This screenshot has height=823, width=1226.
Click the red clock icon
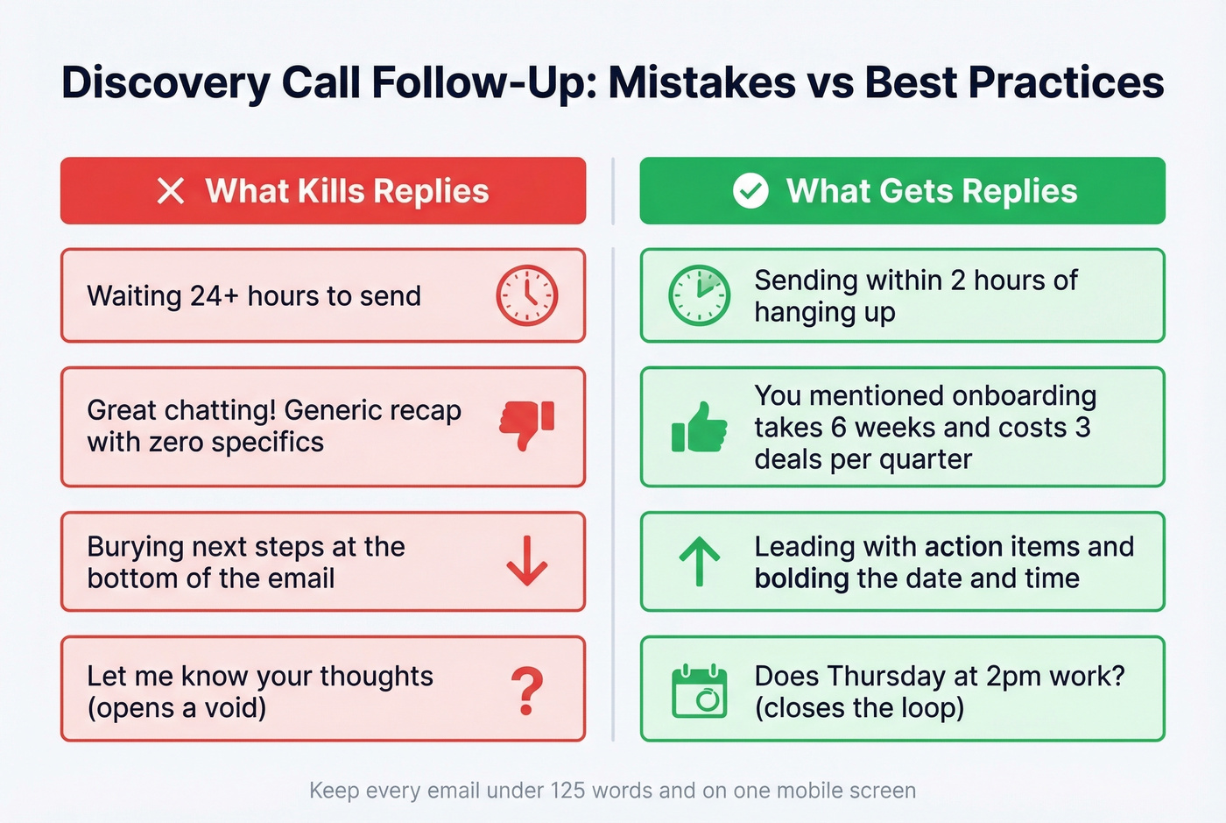coord(526,295)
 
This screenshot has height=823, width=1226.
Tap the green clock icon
coord(699,295)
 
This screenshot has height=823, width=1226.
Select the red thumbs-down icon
coord(527,424)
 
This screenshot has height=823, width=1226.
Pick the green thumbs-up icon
coord(699,428)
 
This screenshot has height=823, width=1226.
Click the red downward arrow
coord(527,561)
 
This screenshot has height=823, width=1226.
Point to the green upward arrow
coord(699,561)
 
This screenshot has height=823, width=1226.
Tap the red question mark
coord(526,691)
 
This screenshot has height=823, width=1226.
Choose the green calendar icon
coord(699,692)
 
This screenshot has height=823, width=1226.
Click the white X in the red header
coord(171,191)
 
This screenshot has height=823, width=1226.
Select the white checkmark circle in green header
coord(750,191)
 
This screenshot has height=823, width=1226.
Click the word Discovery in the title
coord(166,83)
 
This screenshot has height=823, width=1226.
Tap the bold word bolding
coord(801,578)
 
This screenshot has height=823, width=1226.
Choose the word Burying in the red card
coord(135,547)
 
